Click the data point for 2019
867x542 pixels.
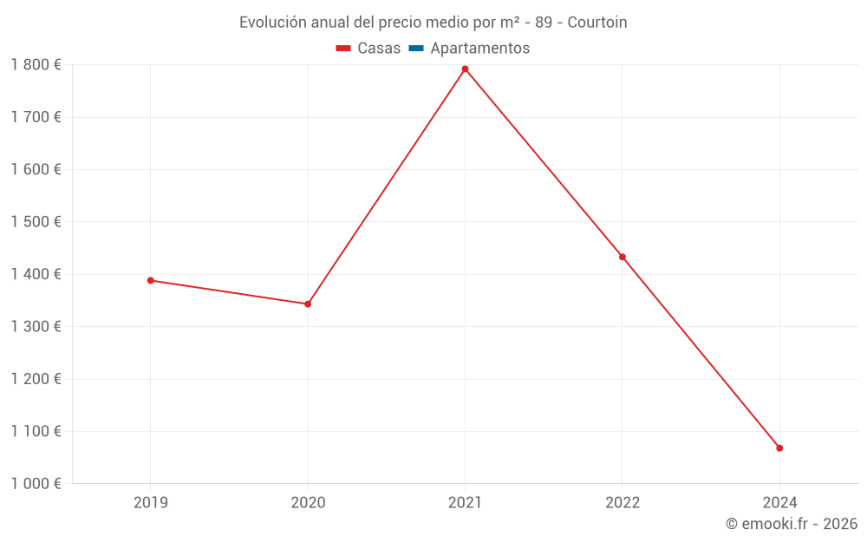[x=150, y=280]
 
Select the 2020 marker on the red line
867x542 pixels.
[x=308, y=304]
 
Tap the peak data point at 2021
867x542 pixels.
[x=465, y=69]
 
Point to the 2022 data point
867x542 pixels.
[x=623, y=257]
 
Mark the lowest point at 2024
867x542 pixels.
[x=779, y=447]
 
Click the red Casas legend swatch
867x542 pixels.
[x=343, y=49]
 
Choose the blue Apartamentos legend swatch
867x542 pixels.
[x=415, y=49]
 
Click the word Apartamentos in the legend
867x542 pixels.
[x=479, y=49]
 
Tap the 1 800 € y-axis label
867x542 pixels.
[x=36, y=65]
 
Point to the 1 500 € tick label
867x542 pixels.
[x=36, y=222]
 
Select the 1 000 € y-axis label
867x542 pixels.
[x=36, y=484]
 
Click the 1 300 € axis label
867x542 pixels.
[x=36, y=327]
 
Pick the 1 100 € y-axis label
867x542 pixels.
[x=36, y=431]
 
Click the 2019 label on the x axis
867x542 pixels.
[x=151, y=502]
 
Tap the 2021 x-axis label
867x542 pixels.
[x=465, y=502]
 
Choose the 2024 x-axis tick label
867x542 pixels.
[x=779, y=502]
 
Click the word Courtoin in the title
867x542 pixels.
[x=597, y=23]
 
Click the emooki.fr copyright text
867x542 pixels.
[x=792, y=524]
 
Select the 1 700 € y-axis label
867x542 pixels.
[x=36, y=117]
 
